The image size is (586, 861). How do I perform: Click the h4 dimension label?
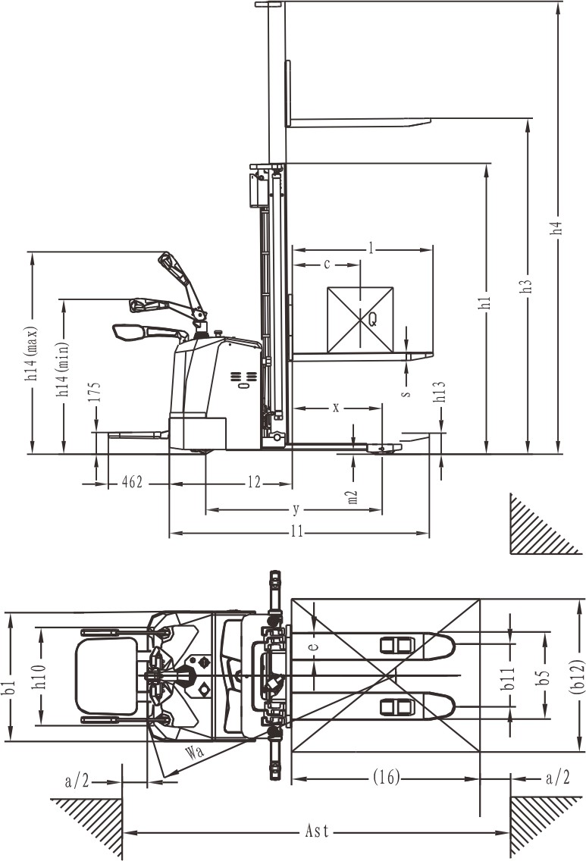coord(559,227)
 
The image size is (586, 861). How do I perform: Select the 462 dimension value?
coord(133,482)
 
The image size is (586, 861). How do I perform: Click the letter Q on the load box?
coord(372,320)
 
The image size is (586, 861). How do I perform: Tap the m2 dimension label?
coord(353,497)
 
